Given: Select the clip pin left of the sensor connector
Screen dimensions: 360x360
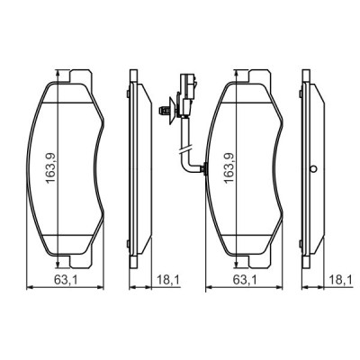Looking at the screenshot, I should tap(164, 112).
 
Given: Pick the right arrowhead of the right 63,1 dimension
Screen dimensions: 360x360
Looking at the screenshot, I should tap(282, 287).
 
